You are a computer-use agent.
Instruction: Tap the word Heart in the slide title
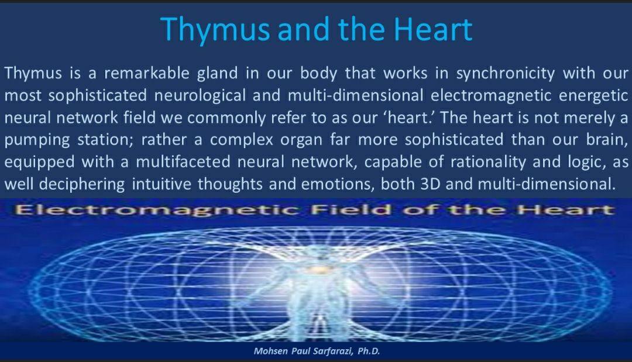click(x=433, y=29)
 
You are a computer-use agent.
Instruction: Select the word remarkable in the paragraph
click(x=147, y=73)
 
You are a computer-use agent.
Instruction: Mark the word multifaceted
click(x=183, y=162)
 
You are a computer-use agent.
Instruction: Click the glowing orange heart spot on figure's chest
click(x=318, y=268)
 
